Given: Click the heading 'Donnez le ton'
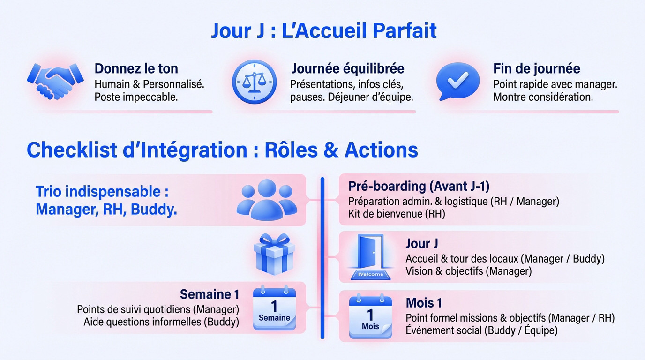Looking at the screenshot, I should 136,68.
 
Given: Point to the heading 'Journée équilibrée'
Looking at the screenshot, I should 347,68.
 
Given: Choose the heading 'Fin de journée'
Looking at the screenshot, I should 536,68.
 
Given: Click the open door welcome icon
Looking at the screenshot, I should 371,257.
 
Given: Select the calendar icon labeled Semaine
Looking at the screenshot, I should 274,309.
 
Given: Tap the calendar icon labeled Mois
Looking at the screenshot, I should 370,316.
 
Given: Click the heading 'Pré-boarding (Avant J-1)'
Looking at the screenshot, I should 419,186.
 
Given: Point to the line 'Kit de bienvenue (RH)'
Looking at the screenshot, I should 397,214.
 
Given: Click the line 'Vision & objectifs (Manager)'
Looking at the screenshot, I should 468,271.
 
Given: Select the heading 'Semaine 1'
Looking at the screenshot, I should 210,294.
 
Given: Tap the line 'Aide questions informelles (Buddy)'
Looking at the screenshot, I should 161,322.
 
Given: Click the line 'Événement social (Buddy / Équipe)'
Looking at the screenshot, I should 481,330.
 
